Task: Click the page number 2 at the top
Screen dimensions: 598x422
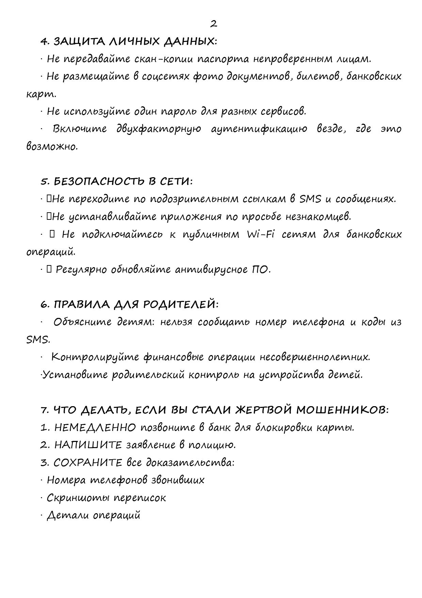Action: [x=213, y=24]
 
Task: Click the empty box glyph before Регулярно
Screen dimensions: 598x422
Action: [x=49, y=269]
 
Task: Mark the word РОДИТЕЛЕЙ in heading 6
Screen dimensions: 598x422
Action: [x=179, y=304]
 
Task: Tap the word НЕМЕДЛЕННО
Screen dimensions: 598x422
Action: [x=95, y=427]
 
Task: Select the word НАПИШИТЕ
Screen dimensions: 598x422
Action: [x=88, y=445]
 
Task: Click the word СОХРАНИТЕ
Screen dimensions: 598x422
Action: [x=88, y=463]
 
